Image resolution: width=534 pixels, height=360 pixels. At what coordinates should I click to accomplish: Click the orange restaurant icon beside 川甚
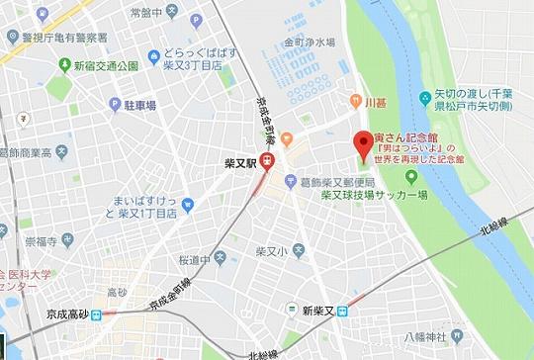pos(353,100)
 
